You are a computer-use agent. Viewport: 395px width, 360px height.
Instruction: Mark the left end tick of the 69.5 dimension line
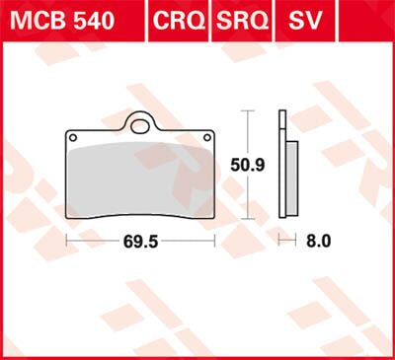(66, 240)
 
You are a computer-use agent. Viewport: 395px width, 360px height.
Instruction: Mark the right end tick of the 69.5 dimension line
(213, 240)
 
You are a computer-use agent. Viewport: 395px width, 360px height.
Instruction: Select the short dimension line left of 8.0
(287, 240)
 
